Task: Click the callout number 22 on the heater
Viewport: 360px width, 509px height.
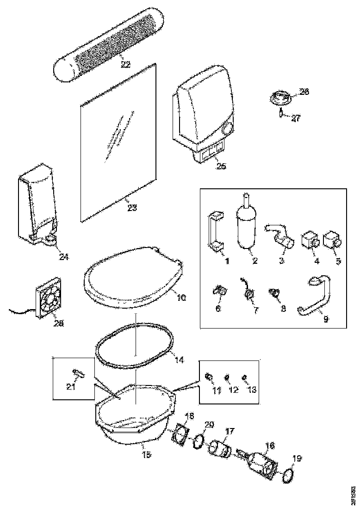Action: pyautogui.click(x=125, y=64)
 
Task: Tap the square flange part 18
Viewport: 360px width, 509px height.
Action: pyautogui.click(x=179, y=435)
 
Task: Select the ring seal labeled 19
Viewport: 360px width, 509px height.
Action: pyautogui.click(x=288, y=475)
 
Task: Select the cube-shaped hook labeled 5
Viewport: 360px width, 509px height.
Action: pyautogui.click(x=332, y=241)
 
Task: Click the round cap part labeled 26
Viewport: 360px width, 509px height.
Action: pyautogui.click(x=279, y=98)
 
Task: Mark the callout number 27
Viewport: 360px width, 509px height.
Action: pyautogui.click(x=295, y=118)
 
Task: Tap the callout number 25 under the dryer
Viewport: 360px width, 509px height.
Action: pyautogui.click(x=221, y=166)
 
